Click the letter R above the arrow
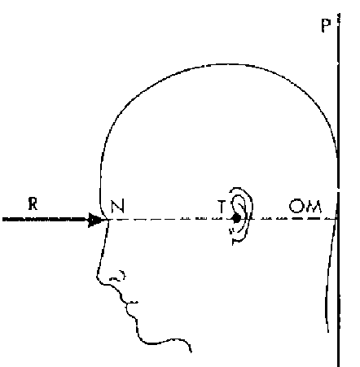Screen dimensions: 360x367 click(33, 204)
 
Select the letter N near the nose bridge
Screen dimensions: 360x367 click(118, 206)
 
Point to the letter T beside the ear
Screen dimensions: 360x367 click(222, 207)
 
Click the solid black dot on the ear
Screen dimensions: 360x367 click(236, 218)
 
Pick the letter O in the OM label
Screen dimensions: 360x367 click(295, 206)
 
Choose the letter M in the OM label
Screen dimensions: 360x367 click(313, 207)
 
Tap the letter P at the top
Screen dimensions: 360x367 click(326, 25)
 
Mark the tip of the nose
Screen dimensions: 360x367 click(97, 277)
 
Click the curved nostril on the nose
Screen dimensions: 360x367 click(118, 276)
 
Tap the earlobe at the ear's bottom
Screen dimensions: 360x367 click(237, 239)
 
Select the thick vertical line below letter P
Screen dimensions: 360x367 click(338, 190)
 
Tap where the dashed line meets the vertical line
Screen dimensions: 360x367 click(338, 219)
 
